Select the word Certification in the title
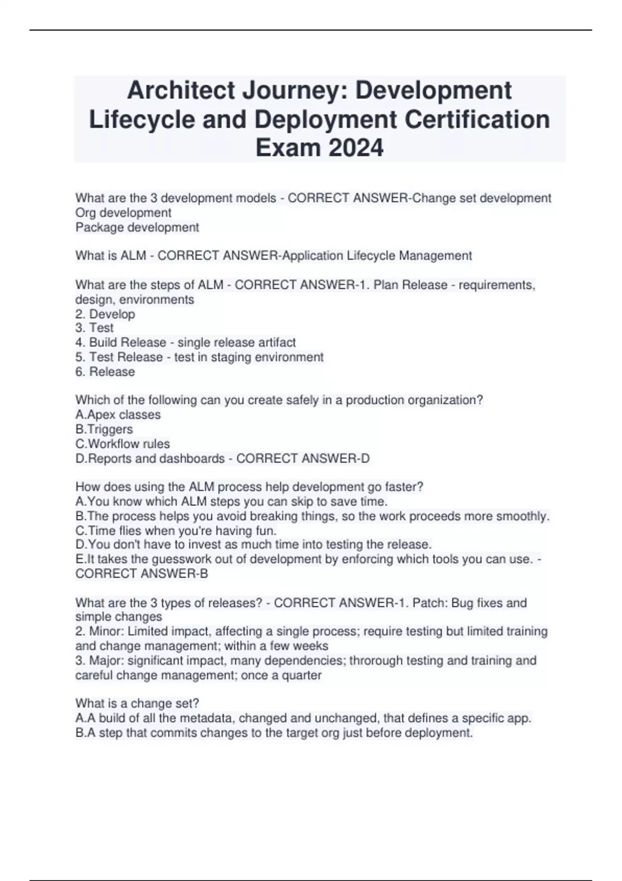pos(477,119)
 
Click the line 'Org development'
pos(123,212)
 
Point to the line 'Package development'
pos(137,227)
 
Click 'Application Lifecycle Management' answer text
pos(376,255)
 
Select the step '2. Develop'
pos(105,314)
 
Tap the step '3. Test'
pos(94,328)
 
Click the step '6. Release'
pos(105,372)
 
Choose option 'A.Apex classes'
pos(118,415)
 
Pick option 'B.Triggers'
pos(104,429)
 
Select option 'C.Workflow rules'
pos(123,444)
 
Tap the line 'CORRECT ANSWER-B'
pos(142,574)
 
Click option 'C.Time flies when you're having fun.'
pos(176,531)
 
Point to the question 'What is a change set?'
pos(137,703)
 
